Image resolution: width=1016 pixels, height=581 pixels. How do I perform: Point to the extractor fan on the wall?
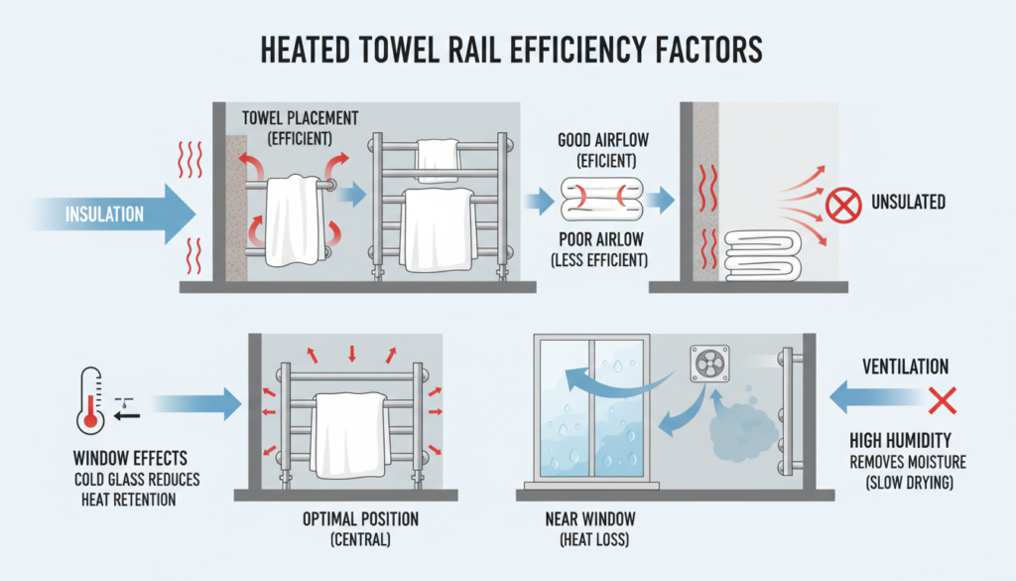(x=709, y=365)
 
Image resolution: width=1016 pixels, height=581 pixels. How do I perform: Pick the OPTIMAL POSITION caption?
(x=360, y=518)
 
